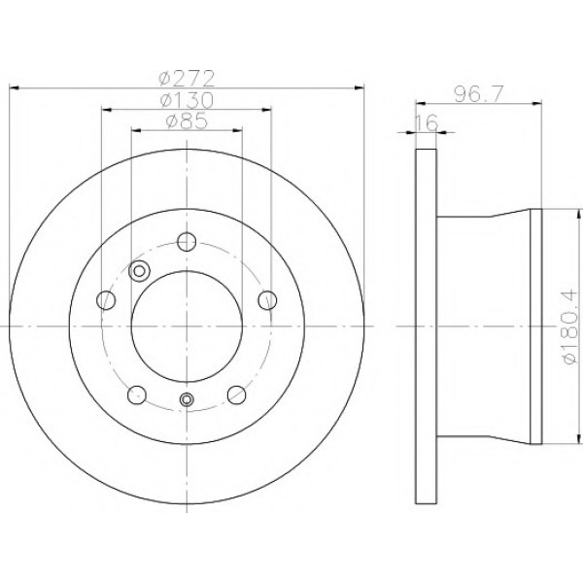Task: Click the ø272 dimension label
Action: (x=187, y=78)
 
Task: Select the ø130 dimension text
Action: (x=187, y=100)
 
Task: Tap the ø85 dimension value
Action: (x=187, y=120)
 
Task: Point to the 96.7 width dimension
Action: (x=478, y=93)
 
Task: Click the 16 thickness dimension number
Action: (x=427, y=122)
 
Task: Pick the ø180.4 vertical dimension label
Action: (x=569, y=326)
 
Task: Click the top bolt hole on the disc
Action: (x=187, y=242)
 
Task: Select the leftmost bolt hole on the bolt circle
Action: (x=106, y=299)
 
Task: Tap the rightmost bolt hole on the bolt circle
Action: (x=267, y=299)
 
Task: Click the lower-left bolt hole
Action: (x=137, y=394)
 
